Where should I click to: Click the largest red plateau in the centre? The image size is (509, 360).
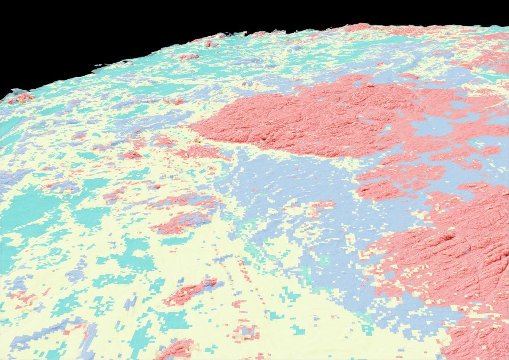tap(298, 119)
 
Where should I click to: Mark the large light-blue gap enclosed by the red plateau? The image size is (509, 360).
tap(427, 127)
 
